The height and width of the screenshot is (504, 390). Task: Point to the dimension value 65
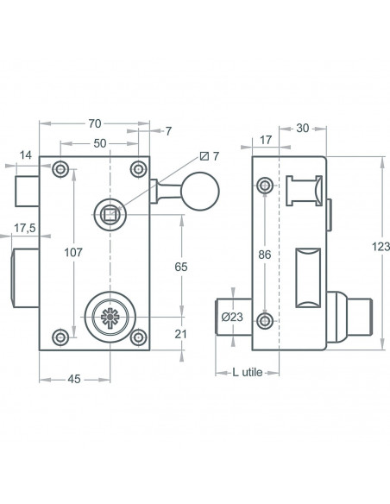click(180, 268)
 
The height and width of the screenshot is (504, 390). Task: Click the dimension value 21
click(179, 333)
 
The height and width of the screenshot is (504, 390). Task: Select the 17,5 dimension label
click(25, 230)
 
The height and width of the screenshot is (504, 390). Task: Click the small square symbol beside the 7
click(204, 156)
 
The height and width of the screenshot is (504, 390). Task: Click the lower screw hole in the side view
click(264, 320)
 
